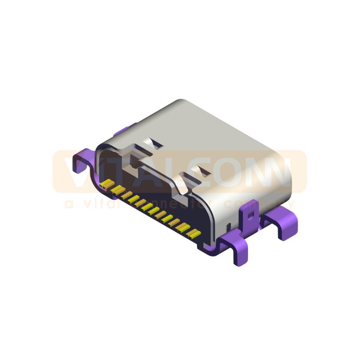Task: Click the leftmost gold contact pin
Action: (x=107, y=184)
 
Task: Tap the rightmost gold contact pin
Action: (x=193, y=233)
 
